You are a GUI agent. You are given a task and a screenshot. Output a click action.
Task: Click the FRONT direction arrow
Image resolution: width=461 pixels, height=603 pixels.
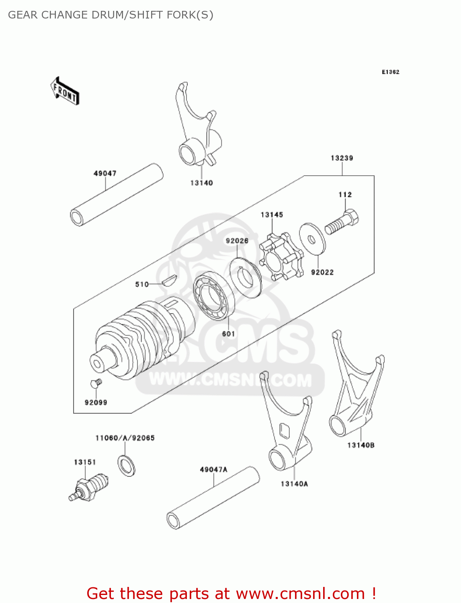point(65,91)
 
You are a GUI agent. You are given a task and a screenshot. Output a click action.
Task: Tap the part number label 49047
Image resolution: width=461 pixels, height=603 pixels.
point(105,173)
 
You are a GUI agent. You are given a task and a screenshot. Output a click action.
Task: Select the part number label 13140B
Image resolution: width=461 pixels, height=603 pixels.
point(361,445)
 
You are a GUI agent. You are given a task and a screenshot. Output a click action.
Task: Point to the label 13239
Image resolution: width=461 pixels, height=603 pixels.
point(342,158)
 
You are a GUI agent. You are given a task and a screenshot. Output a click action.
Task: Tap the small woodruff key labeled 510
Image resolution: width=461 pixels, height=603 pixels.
point(169,279)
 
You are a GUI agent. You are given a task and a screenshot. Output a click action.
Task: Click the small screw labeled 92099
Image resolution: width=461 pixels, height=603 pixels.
point(96,383)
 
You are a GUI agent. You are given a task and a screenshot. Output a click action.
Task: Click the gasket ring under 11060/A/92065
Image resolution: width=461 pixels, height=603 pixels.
point(127,466)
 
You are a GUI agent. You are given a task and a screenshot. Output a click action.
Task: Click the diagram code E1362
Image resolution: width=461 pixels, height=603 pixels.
point(390,72)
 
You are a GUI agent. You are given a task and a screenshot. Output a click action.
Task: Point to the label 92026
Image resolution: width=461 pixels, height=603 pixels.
point(237,241)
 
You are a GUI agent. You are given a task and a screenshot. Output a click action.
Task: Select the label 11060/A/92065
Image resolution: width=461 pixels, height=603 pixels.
point(125,438)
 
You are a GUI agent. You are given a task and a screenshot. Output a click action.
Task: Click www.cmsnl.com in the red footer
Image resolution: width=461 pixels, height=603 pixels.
point(300,593)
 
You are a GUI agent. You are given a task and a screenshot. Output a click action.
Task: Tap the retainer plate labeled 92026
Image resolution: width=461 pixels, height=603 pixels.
point(245,277)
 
